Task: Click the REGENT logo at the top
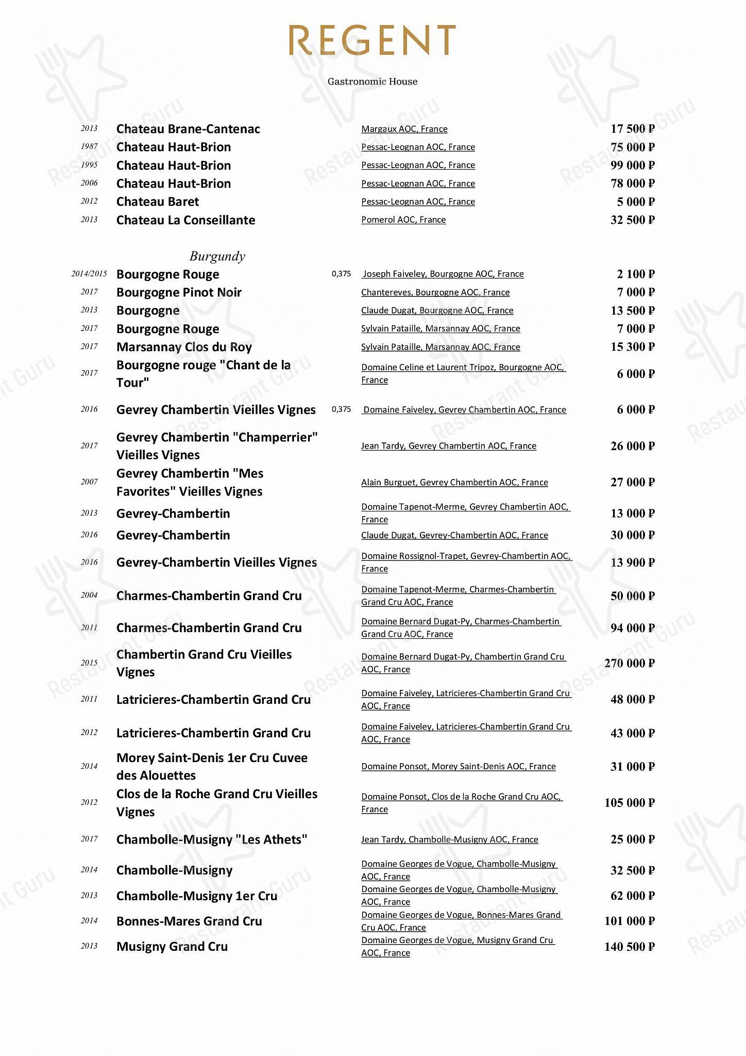(x=372, y=40)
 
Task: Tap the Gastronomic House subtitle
(x=372, y=81)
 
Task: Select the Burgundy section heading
(x=217, y=256)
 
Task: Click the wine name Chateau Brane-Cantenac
(x=188, y=129)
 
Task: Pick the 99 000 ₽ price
(x=632, y=165)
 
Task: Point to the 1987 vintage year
(x=89, y=146)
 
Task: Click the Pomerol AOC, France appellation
(x=403, y=220)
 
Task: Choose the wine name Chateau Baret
(x=158, y=202)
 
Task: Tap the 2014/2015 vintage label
(x=89, y=274)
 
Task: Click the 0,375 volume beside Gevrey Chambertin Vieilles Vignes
(x=341, y=409)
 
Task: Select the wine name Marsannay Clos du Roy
(x=184, y=347)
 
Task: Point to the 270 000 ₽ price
(x=629, y=663)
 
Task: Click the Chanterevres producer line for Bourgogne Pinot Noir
(x=435, y=292)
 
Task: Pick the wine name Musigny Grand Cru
(x=172, y=947)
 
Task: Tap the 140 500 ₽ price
(x=629, y=947)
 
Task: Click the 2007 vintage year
(x=89, y=482)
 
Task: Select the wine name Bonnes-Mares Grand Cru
(x=189, y=921)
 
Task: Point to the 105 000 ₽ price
(x=629, y=803)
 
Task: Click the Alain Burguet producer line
(x=454, y=482)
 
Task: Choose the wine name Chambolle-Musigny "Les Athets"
(x=212, y=839)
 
